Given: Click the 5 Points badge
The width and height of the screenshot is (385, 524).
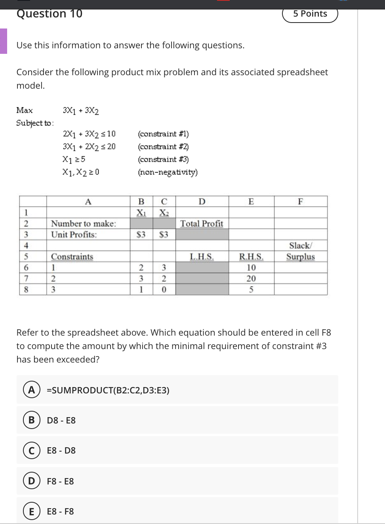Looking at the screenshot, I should click(310, 14).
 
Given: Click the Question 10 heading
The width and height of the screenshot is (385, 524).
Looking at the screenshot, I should click(50, 14).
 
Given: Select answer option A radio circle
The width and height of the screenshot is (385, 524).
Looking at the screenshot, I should click(31, 390).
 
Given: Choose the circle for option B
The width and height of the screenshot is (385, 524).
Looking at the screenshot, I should click(31, 420).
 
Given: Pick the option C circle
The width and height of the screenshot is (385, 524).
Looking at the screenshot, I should click(31, 450).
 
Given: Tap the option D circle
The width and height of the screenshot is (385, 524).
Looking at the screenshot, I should click(31, 481).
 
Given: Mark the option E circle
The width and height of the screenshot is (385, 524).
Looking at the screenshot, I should click(31, 511).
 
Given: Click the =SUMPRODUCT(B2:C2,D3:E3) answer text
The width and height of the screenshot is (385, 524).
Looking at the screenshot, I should click(108, 390).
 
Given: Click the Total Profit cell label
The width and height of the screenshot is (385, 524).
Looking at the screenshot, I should click(202, 224).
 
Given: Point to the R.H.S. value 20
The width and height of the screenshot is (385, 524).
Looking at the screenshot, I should click(251, 279).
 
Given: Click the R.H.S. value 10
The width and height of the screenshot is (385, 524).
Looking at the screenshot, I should click(251, 268).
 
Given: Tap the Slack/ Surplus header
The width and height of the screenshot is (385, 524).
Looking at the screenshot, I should click(301, 251).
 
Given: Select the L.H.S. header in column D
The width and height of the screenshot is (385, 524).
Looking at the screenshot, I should click(202, 256).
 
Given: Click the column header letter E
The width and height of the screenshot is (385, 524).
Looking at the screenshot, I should click(251, 201).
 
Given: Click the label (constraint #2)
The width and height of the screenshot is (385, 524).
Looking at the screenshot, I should click(163, 147).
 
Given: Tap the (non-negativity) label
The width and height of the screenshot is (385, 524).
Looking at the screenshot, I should click(168, 172).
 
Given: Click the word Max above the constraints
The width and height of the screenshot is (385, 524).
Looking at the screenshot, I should click(25, 110).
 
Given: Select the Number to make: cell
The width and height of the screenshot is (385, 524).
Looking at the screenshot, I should click(84, 224).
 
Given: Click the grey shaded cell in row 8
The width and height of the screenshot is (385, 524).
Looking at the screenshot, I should click(202, 289).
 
